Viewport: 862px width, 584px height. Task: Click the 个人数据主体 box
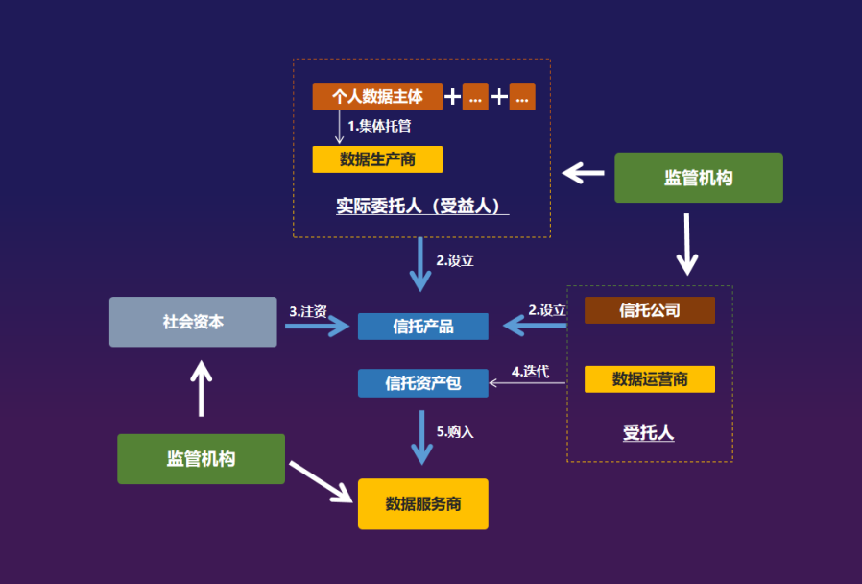(x=377, y=97)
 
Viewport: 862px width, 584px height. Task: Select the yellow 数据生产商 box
(x=377, y=159)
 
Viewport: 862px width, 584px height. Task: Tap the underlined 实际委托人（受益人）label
(x=421, y=207)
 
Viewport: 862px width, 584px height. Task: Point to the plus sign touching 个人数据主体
(x=452, y=97)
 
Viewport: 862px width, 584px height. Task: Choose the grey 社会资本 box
(x=193, y=322)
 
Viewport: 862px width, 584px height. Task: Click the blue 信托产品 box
(x=423, y=327)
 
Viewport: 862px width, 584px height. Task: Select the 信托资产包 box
(x=423, y=383)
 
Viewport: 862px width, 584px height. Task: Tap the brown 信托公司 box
(x=650, y=310)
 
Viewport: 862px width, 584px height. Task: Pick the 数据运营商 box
(x=650, y=379)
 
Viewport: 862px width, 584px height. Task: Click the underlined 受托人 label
(x=649, y=433)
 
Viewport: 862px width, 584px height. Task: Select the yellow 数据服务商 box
(x=423, y=504)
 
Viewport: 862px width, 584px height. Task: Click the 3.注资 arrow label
(x=308, y=311)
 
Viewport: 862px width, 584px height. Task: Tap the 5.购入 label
(x=455, y=432)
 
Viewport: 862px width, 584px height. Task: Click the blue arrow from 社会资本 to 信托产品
(x=317, y=327)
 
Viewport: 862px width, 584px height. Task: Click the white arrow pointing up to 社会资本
(x=201, y=388)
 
